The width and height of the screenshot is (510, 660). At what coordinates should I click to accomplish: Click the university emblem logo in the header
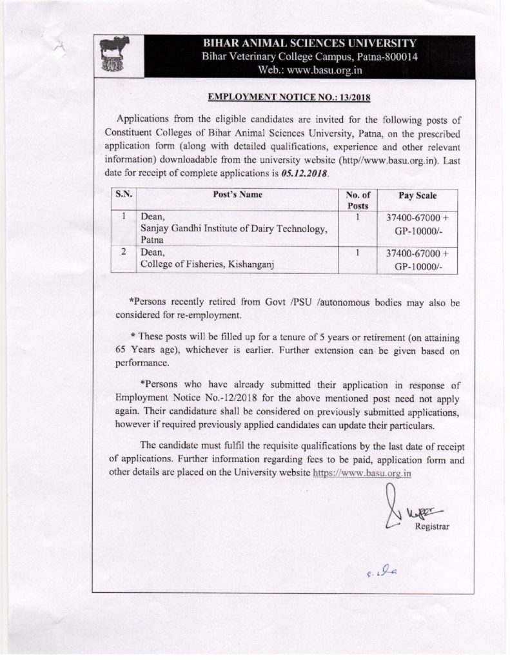(115, 56)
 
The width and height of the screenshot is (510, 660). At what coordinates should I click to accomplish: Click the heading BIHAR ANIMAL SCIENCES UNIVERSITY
(309, 44)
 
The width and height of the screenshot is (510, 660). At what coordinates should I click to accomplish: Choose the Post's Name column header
(238, 195)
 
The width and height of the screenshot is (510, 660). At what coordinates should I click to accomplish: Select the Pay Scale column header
(417, 195)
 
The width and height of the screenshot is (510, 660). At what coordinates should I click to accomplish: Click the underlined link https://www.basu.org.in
(362, 474)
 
